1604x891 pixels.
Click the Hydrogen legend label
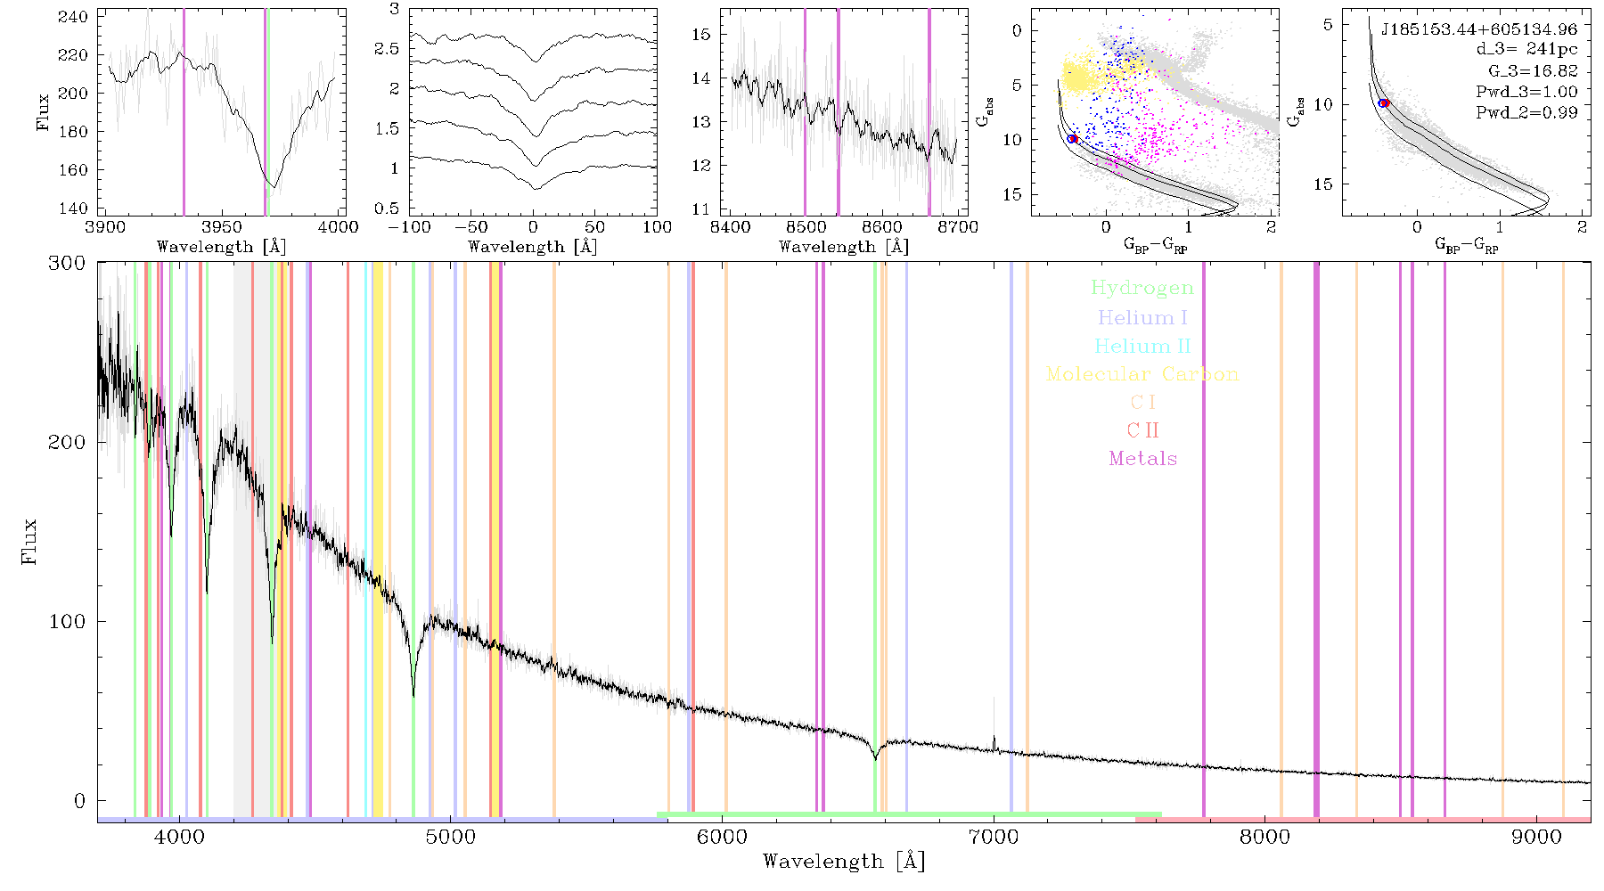pyautogui.click(x=1142, y=288)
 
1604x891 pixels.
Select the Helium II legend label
pyautogui.click(x=1142, y=346)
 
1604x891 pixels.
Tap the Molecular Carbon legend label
pyautogui.click(x=1142, y=374)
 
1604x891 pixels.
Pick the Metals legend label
pyautogui.click(x=1142, y=459)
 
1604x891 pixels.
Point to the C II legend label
pyautogui.click(x=1142, y=430)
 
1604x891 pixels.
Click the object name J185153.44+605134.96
pyautogui.click(x=1479, y=29)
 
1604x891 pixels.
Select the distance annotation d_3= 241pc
pyautogui.click(x=1526, y=50)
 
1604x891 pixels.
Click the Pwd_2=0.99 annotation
pyautogui.click(x=1526, y=112)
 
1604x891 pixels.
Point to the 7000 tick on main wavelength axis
pyautogui.click(x=993, y=837)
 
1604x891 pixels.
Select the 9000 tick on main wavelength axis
pyautogui.click(x=1535, y=837)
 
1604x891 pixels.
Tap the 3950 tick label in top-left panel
pyautogui.click(x=222, y=227)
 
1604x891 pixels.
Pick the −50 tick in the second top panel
pyautogui.click(x=471, y=227)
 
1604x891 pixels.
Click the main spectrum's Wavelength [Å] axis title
pyautogui.click(x=844, y=862)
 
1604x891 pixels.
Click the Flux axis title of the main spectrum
pyautogui.click(x=30, y=541)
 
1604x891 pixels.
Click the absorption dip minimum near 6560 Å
pyautogui.click(x=876, y=758)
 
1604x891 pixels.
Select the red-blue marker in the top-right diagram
pyautogui.click(x=1384, y=103)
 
